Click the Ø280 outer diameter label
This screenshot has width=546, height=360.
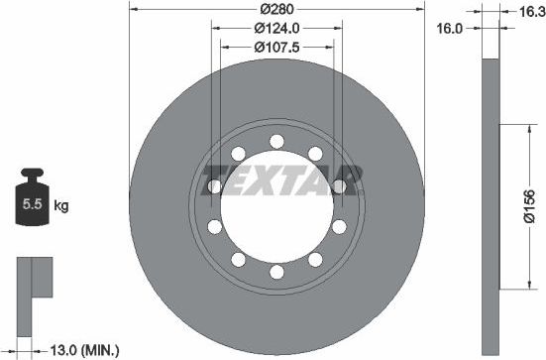tap(276, 9)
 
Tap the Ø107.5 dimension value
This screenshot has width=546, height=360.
tap(276, 47)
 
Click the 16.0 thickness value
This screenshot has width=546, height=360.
tap(451, 29)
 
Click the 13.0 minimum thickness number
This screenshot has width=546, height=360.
tap(65, 349)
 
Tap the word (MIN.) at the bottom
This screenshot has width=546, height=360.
tap(101, 349)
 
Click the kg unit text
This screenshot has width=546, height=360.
tap(60, 206)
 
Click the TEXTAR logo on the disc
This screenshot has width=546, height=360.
tap(281, 182)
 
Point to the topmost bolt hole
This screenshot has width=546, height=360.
tap(276, 140)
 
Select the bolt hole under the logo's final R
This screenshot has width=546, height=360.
tap(340, 185)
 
